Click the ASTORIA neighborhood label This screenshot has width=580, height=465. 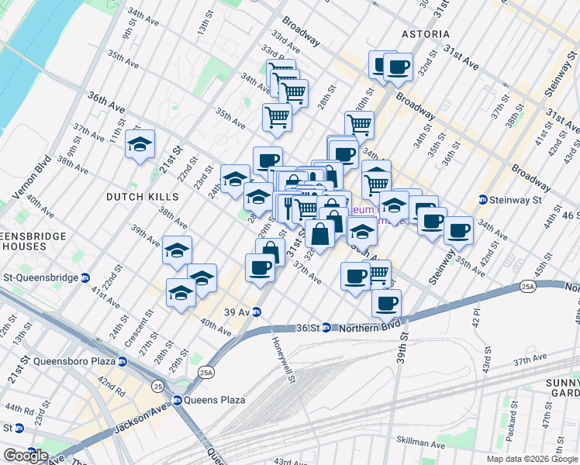425,34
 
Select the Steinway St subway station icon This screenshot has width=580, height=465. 482,199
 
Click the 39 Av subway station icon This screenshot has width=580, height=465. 255,312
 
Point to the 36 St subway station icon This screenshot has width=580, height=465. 327,327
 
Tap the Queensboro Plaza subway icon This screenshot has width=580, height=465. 122,361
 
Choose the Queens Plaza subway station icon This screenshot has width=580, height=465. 177,400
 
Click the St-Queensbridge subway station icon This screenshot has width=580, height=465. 85,277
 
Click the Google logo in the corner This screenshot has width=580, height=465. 26,455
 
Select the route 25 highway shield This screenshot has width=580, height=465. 158,384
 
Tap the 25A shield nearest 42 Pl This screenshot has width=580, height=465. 528,288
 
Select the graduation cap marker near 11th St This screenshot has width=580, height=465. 140,145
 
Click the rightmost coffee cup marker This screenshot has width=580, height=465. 457,229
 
